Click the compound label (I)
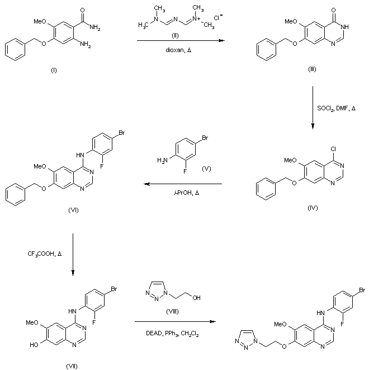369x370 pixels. click(54, 71)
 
